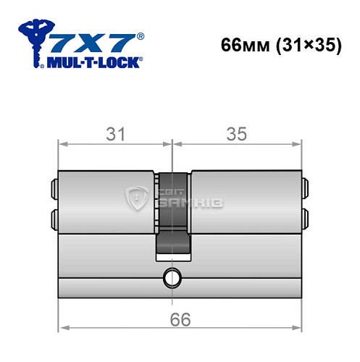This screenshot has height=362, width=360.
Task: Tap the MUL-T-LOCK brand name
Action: pos(93,62)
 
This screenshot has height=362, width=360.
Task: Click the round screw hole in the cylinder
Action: pos(172,277)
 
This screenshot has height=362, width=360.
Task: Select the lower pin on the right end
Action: pos(306,216)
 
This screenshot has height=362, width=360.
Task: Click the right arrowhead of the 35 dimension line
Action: pos(298,145)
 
